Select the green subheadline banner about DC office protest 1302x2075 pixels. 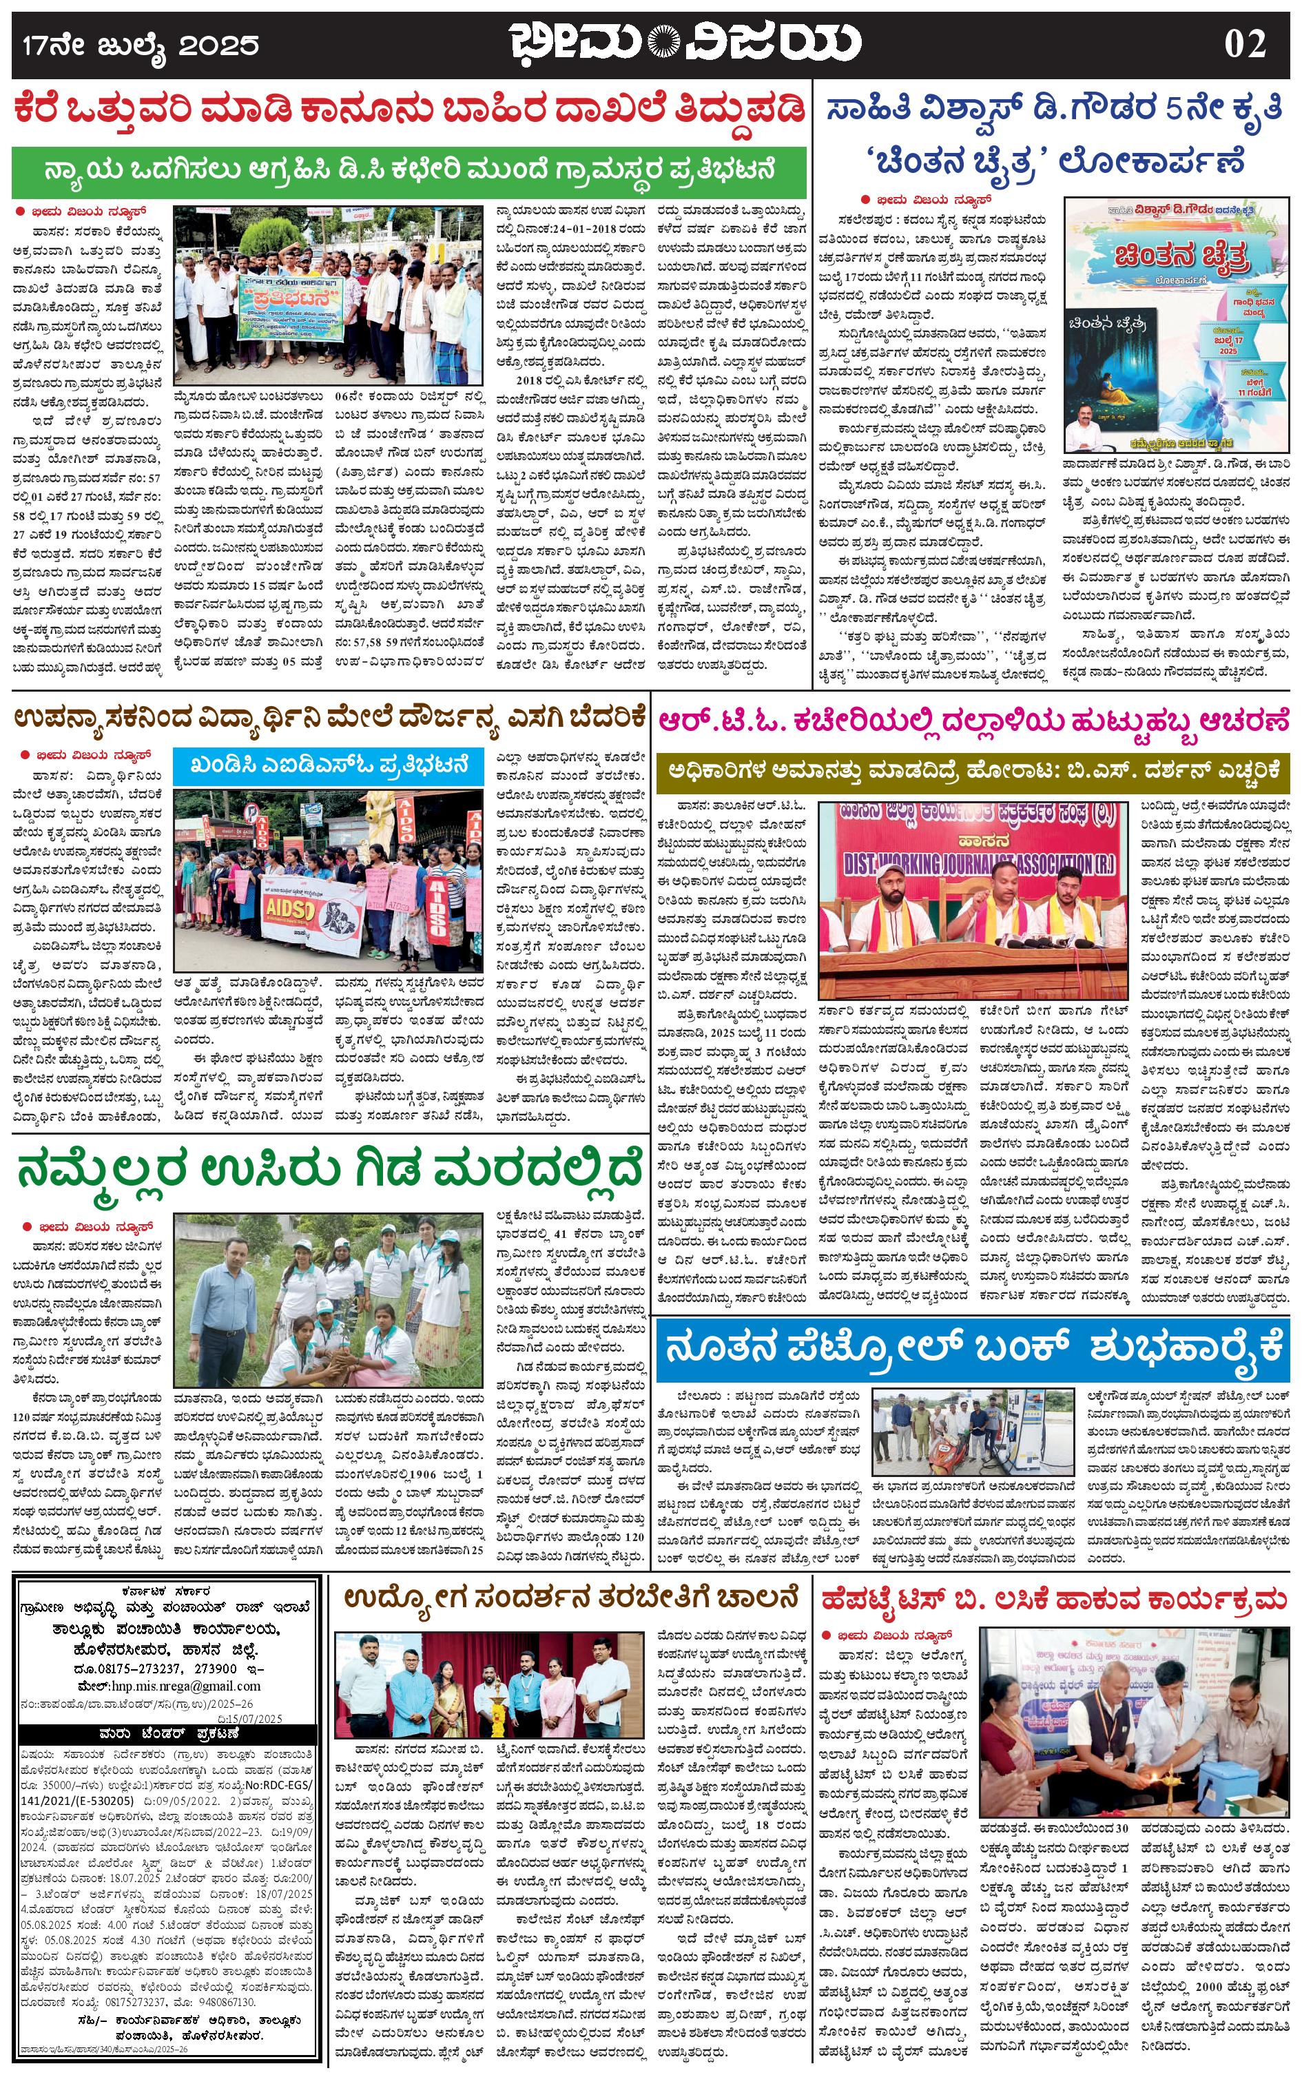click(x=410, y=169)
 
